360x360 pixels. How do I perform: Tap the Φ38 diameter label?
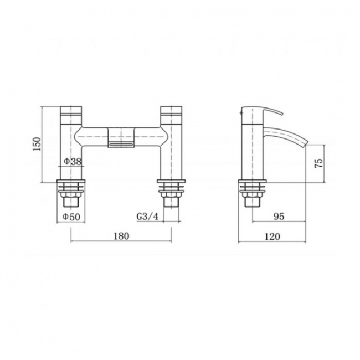pos(73,161)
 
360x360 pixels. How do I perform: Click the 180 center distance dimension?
pos(121,236)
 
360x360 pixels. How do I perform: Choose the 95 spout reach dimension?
pos(279,217)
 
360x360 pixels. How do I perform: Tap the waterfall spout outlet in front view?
pos(122,145)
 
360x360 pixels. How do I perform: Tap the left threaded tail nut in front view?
pos(72,196)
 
